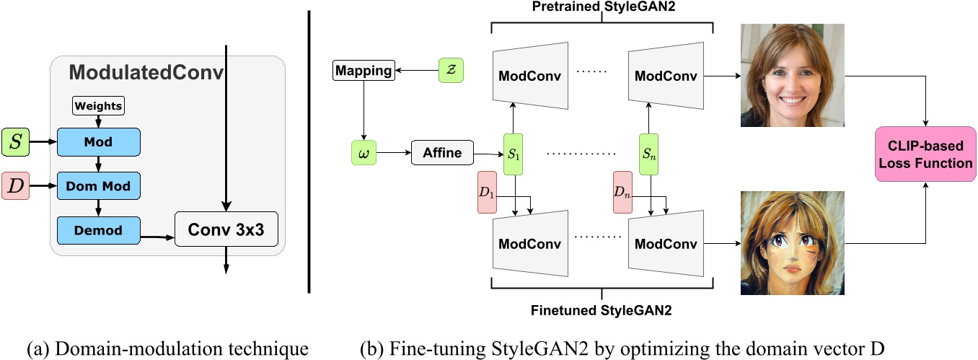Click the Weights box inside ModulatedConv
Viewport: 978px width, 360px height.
[x=98, y=105]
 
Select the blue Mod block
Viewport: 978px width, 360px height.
[x=98, y=142]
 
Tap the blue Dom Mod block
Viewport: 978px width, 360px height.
[x=98, y=186]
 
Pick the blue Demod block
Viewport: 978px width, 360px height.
[x=98, y=230]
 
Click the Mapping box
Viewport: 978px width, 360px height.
[x=364, y=71]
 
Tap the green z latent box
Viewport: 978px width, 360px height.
[x=451, y=71]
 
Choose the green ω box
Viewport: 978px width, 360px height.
[x=364, y=152]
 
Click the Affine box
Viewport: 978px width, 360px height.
[x=442, y=153]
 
